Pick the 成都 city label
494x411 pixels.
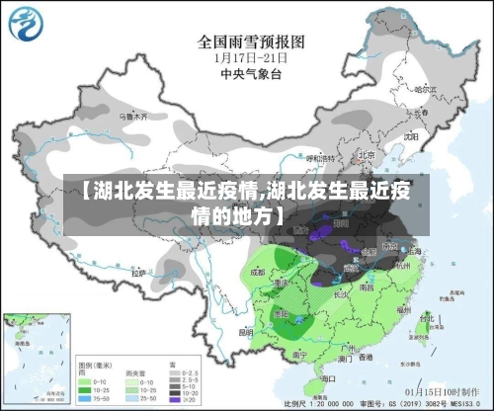(x=259, y=270)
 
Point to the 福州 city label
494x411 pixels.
(x=402, y=309)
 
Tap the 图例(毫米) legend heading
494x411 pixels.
(x=93, y=365)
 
